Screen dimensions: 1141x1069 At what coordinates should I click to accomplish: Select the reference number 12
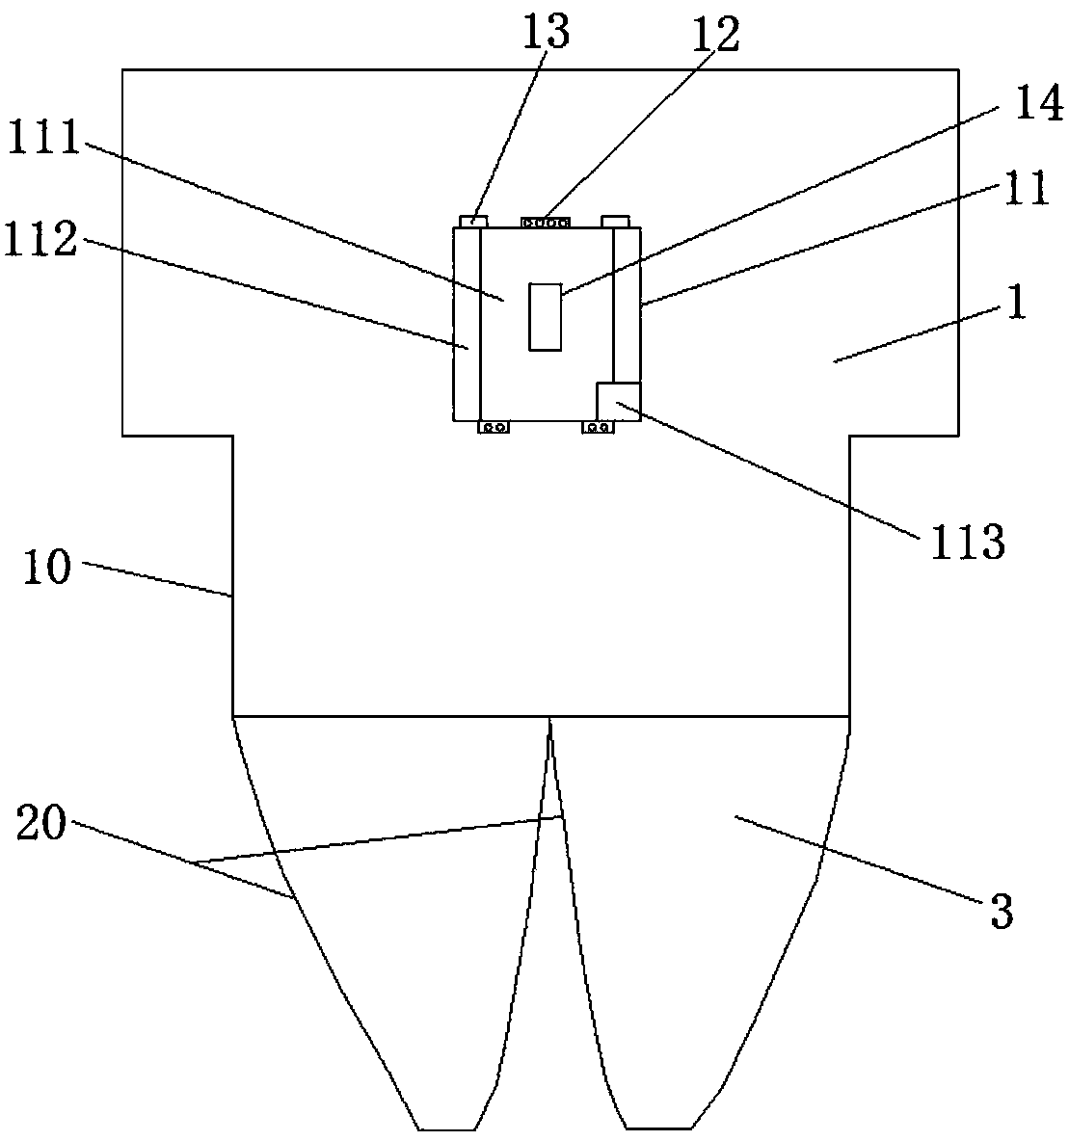point(714,35)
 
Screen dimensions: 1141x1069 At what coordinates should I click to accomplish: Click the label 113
point(967,543)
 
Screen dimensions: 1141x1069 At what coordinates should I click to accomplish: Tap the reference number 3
point(1002,911)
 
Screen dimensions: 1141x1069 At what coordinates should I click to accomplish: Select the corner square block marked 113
point(618,401)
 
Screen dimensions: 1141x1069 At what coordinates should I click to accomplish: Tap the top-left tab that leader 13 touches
point(471,221)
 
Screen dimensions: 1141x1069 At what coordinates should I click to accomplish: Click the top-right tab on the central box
point(616,221)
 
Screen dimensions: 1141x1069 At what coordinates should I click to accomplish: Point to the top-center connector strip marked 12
point(545,222)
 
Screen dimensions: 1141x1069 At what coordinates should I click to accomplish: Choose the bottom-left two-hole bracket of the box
point(494,427)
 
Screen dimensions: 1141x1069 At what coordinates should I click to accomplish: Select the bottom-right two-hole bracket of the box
point(598,427)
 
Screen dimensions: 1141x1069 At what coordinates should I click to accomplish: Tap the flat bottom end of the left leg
point(447,1128)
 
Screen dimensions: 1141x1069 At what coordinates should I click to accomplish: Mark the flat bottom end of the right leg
point(658,1128)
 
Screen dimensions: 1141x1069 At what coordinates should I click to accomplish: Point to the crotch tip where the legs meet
point(549,721)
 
